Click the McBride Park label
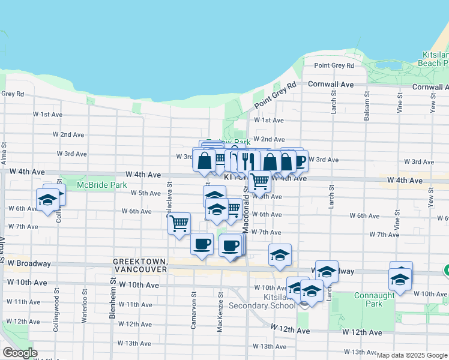(102, 185)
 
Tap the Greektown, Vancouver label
(140, 266)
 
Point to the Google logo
(20, 353)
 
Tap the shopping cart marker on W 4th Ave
(260, 180)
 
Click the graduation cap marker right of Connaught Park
(400, 278)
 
